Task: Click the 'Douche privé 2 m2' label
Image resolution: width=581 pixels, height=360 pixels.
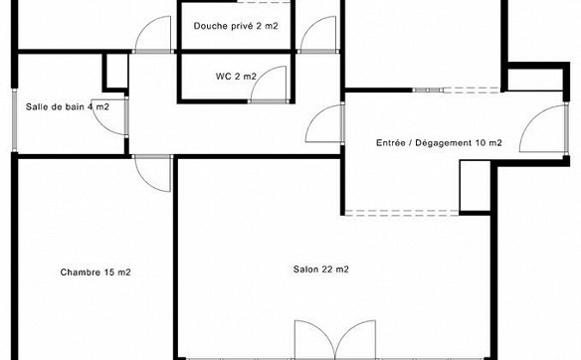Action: click(236, 26)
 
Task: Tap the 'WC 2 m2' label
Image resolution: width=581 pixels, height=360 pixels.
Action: click(236, 77)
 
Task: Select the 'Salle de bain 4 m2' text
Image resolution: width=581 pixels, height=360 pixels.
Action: click(68, 107)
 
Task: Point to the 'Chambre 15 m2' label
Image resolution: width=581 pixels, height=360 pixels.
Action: click(96, 272)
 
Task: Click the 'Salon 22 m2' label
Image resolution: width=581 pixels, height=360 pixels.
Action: click(321, 270)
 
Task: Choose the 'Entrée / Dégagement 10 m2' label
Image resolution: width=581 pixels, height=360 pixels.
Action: click(439, 143)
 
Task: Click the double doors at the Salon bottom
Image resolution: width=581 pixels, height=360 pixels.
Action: click(335, 339)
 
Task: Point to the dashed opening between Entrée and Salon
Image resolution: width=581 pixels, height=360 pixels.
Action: click(402, 213)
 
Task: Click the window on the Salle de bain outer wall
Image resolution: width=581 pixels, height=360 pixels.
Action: click(15, 120)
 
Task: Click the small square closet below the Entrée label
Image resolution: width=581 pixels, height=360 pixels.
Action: click(476, 187)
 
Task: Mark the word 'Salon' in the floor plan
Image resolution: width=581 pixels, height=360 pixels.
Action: click(305, 270)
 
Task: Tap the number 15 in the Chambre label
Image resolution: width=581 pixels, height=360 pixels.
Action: click(109, 272)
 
